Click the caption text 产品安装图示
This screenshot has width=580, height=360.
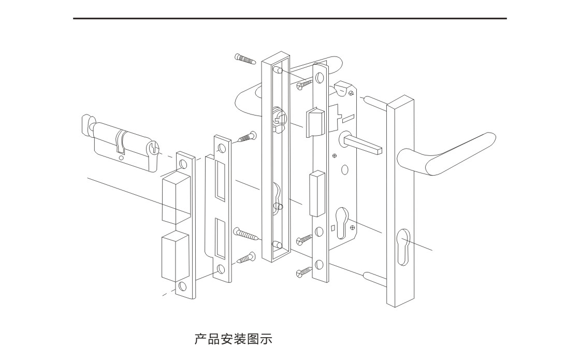click(x=233, y=340)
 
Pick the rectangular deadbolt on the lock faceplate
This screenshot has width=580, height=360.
click(x=316, y=195)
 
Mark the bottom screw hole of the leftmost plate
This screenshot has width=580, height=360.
click(x=182, y=286)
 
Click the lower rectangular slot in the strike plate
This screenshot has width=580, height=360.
click(x=220, y=238)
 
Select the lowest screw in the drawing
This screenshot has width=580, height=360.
click(x=304, y=270)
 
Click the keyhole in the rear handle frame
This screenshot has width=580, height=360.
click(x=278, y=200)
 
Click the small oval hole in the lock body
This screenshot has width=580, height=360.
click(x=345, y=169)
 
